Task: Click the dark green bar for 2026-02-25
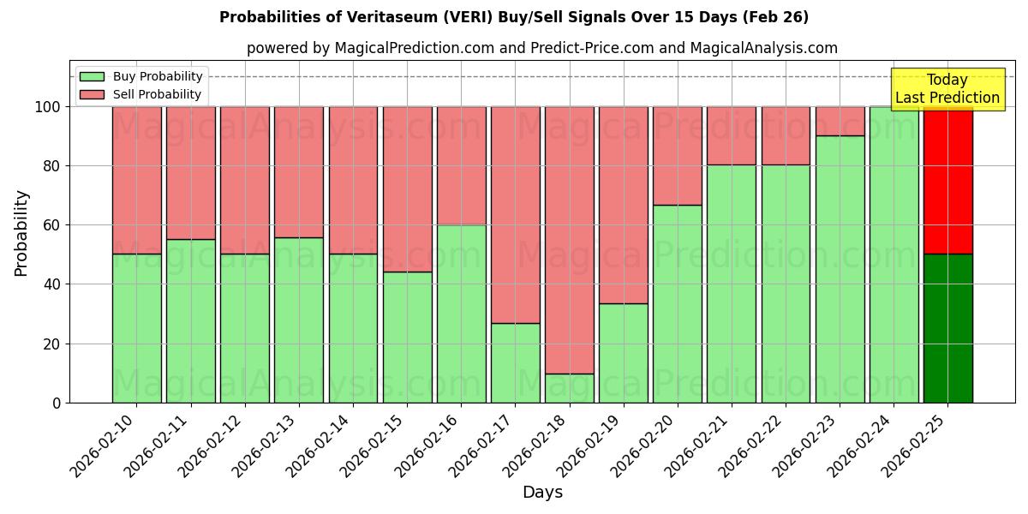pyautogui.click(x=947, y=328)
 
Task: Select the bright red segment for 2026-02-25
pyautogui.click(x=947, y=181)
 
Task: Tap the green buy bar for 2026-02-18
pyautogui.click(x=569, y=388)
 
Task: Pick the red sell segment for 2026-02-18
pyautogui.click(x=569, y=240)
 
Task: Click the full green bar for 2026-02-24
pyautogui.click(x=894, y=254)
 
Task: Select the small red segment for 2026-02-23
pyautogui.click(x=840, y=121)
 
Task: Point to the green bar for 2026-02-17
pyautogui.click(x=515, y=362)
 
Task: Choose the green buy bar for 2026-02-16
pyautogui.click(x=461, y=314)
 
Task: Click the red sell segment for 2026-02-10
pyautogui.click(x=136, y=180)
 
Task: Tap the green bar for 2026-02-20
pyautogui.click(x=677, y=303)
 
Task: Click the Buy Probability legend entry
pyautogui.click(x=157, y=76)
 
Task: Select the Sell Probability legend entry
pyautogui.click(x=157, y=94)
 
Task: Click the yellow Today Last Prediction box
pyautogui.click(x=947, y=89)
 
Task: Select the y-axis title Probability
pyautogui.click(x=21, y=232)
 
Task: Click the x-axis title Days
pyautogui.click(x=542, y=493)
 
